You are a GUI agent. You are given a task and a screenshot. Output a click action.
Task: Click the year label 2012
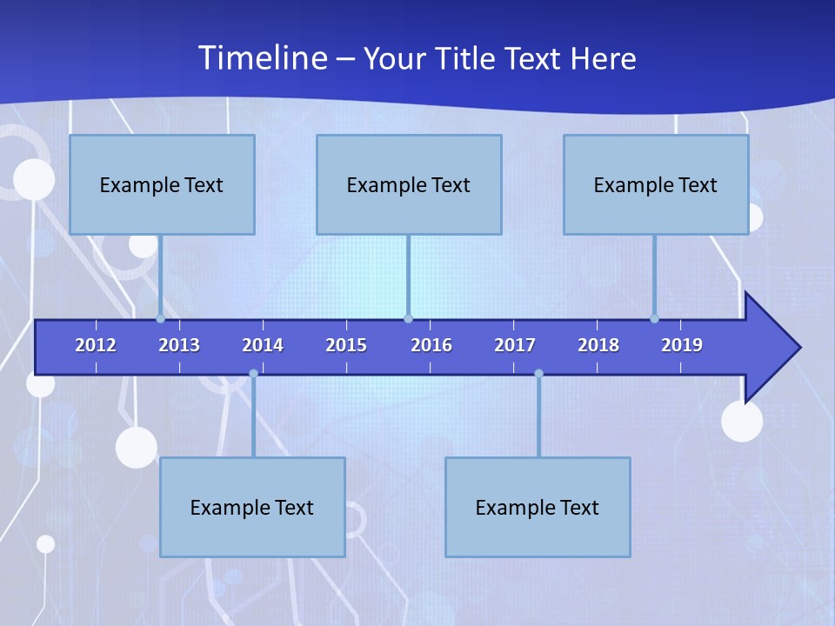pyautogui.click(x=96, y=345)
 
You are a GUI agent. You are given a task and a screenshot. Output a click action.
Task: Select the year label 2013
pyautogui.click(x=179, y=345)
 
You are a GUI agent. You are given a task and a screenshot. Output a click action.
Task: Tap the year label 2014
pyautogui.click(x=263, y=345)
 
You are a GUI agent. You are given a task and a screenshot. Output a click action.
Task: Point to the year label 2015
pyautogui.click(x=346, y=345)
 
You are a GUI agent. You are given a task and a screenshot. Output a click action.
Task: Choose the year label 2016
pyautogui.click(x=431, y=345)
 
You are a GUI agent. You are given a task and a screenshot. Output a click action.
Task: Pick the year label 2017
pyautogui.click(x=515, y=345)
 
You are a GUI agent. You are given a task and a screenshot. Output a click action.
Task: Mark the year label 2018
pyautogui.click(x=598, y=345)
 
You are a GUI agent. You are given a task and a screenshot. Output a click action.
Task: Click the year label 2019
pyautogui.click(x=682, y=345)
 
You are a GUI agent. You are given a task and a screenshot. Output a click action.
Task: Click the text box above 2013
pyautogui.click(x=162, y=184)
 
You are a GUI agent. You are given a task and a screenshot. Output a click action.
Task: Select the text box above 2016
pyautogui.click(x=409, y=184)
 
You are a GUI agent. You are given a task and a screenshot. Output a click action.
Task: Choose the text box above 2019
pyautogui.click(x=656, y=184)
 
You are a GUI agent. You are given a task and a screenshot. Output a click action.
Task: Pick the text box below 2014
pyautogui.click(x=252, y=507)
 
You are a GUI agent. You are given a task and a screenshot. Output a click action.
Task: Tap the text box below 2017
pyautogui.click(x=538, y=507)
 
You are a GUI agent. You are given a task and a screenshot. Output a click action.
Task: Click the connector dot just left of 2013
pyautogui.click(x=160, y=318)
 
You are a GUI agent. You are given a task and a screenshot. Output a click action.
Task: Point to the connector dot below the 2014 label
pyautogui.click(x=253, y=374)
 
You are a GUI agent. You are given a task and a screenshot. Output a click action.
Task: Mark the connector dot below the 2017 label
pyautogui.click(x=538, y=374)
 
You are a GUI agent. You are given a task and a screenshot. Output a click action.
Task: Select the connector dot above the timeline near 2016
pyautogui.click(x=408, y=318)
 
